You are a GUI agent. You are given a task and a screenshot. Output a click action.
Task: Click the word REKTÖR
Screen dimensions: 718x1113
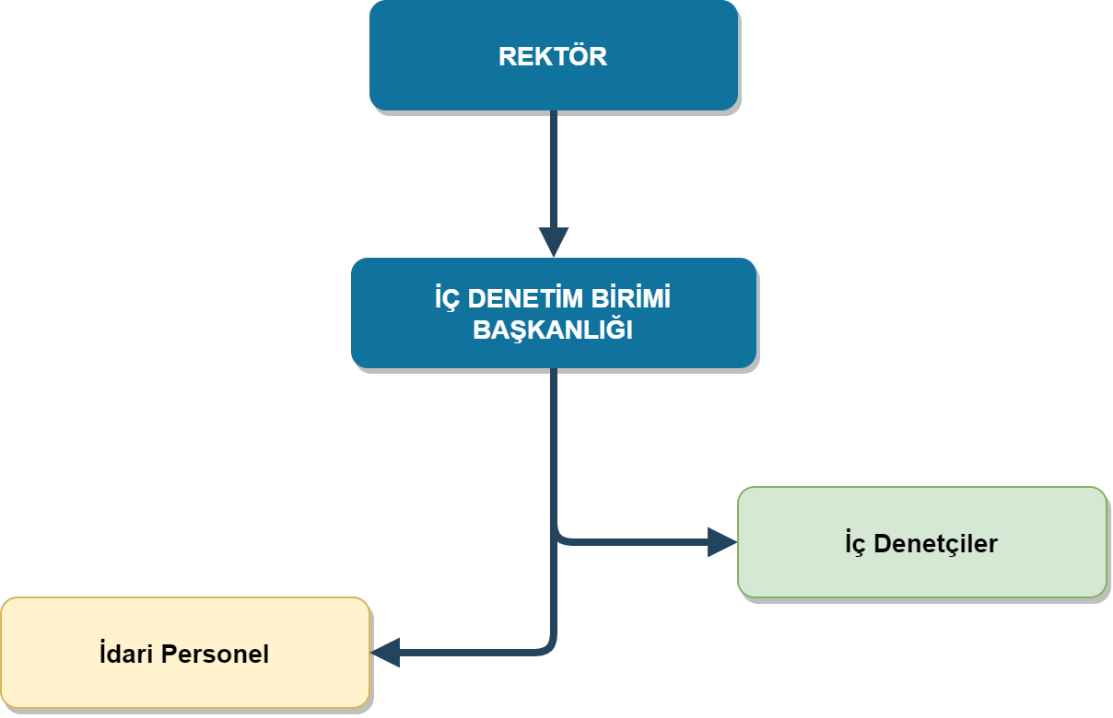point(553,56)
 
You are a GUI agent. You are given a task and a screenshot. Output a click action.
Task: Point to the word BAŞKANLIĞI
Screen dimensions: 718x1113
point(553,330)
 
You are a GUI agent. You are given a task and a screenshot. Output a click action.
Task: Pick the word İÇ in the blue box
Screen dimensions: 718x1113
point(447,300)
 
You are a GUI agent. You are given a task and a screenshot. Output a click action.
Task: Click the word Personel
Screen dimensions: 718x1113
point(215,654)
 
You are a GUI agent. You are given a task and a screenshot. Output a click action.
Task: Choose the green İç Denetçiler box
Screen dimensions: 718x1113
point(921,571)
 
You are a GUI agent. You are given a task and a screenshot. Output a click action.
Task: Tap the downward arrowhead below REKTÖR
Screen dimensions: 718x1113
point(553,242)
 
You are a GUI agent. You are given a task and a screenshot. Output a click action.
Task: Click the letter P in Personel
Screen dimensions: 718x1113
point(168,654)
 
